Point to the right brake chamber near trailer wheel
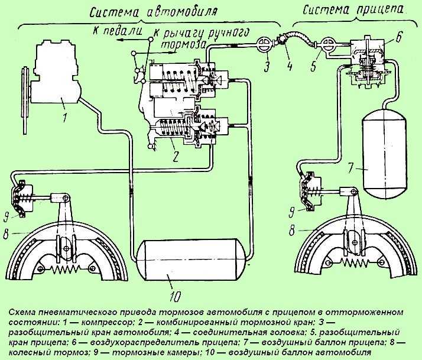(309, 190)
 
